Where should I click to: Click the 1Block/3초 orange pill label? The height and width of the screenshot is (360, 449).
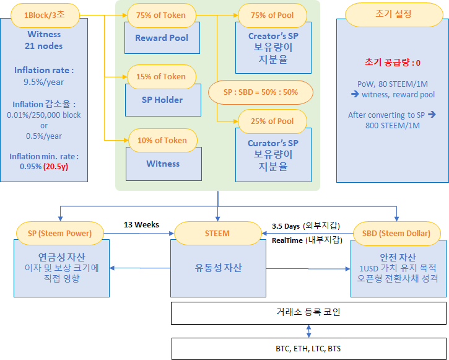[44, 14]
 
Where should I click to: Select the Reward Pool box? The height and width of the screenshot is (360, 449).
[162, 38]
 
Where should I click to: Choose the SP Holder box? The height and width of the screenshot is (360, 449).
[162, 99]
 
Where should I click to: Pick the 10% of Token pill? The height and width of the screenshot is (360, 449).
[162, 140]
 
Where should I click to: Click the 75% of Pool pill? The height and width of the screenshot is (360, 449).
[272, 15]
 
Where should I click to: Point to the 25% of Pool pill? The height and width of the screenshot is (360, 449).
[272, 121]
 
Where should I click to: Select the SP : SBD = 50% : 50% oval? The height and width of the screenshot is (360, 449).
[261, 92]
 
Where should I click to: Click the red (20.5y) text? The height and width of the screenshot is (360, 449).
[55, 167]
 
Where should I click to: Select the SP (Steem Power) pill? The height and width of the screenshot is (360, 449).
[60, 233]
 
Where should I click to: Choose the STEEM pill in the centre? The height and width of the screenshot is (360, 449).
[217, 233]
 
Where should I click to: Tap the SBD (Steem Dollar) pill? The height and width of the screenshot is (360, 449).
[397, 233]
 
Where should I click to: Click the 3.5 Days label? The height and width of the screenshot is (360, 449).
[286, 226]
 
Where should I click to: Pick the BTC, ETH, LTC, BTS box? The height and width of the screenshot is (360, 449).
[308, 349]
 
